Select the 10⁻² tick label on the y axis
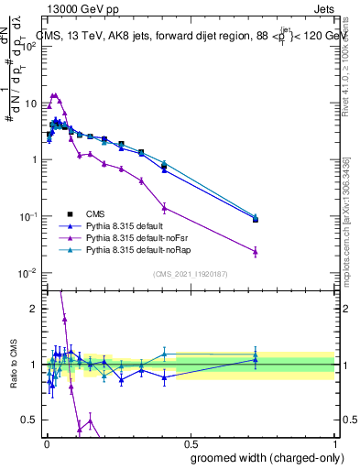click(31, 273)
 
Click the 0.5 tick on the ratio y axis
click(33, 420)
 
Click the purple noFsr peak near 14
click(55, 94)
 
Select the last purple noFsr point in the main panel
click(256, 251)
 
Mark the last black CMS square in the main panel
click(256, 220)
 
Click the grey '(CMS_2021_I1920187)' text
click(191, 274)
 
